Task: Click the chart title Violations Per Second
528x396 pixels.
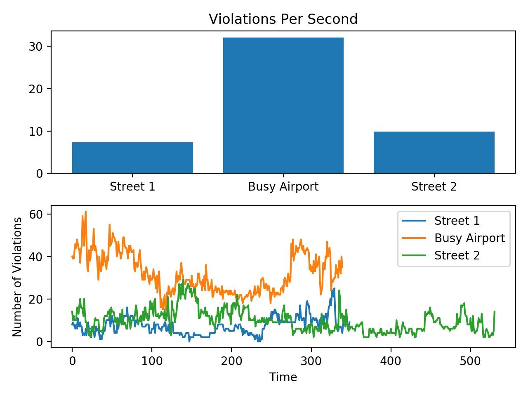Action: (283, 19)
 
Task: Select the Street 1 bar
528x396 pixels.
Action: (132, 158)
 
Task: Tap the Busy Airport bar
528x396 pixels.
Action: (283, 105)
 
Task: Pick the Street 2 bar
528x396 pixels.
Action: (434, 152)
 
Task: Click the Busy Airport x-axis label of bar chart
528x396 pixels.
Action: (283, 187)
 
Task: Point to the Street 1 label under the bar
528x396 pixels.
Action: (132, 187)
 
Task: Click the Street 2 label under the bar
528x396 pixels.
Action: (434, 187)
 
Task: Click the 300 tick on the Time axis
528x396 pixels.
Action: (311, 361)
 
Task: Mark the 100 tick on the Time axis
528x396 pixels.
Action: (152, 361)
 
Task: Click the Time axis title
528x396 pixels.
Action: (283, 377)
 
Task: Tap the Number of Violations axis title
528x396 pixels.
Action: (17, 277)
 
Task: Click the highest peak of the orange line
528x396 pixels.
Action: (85, 212)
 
